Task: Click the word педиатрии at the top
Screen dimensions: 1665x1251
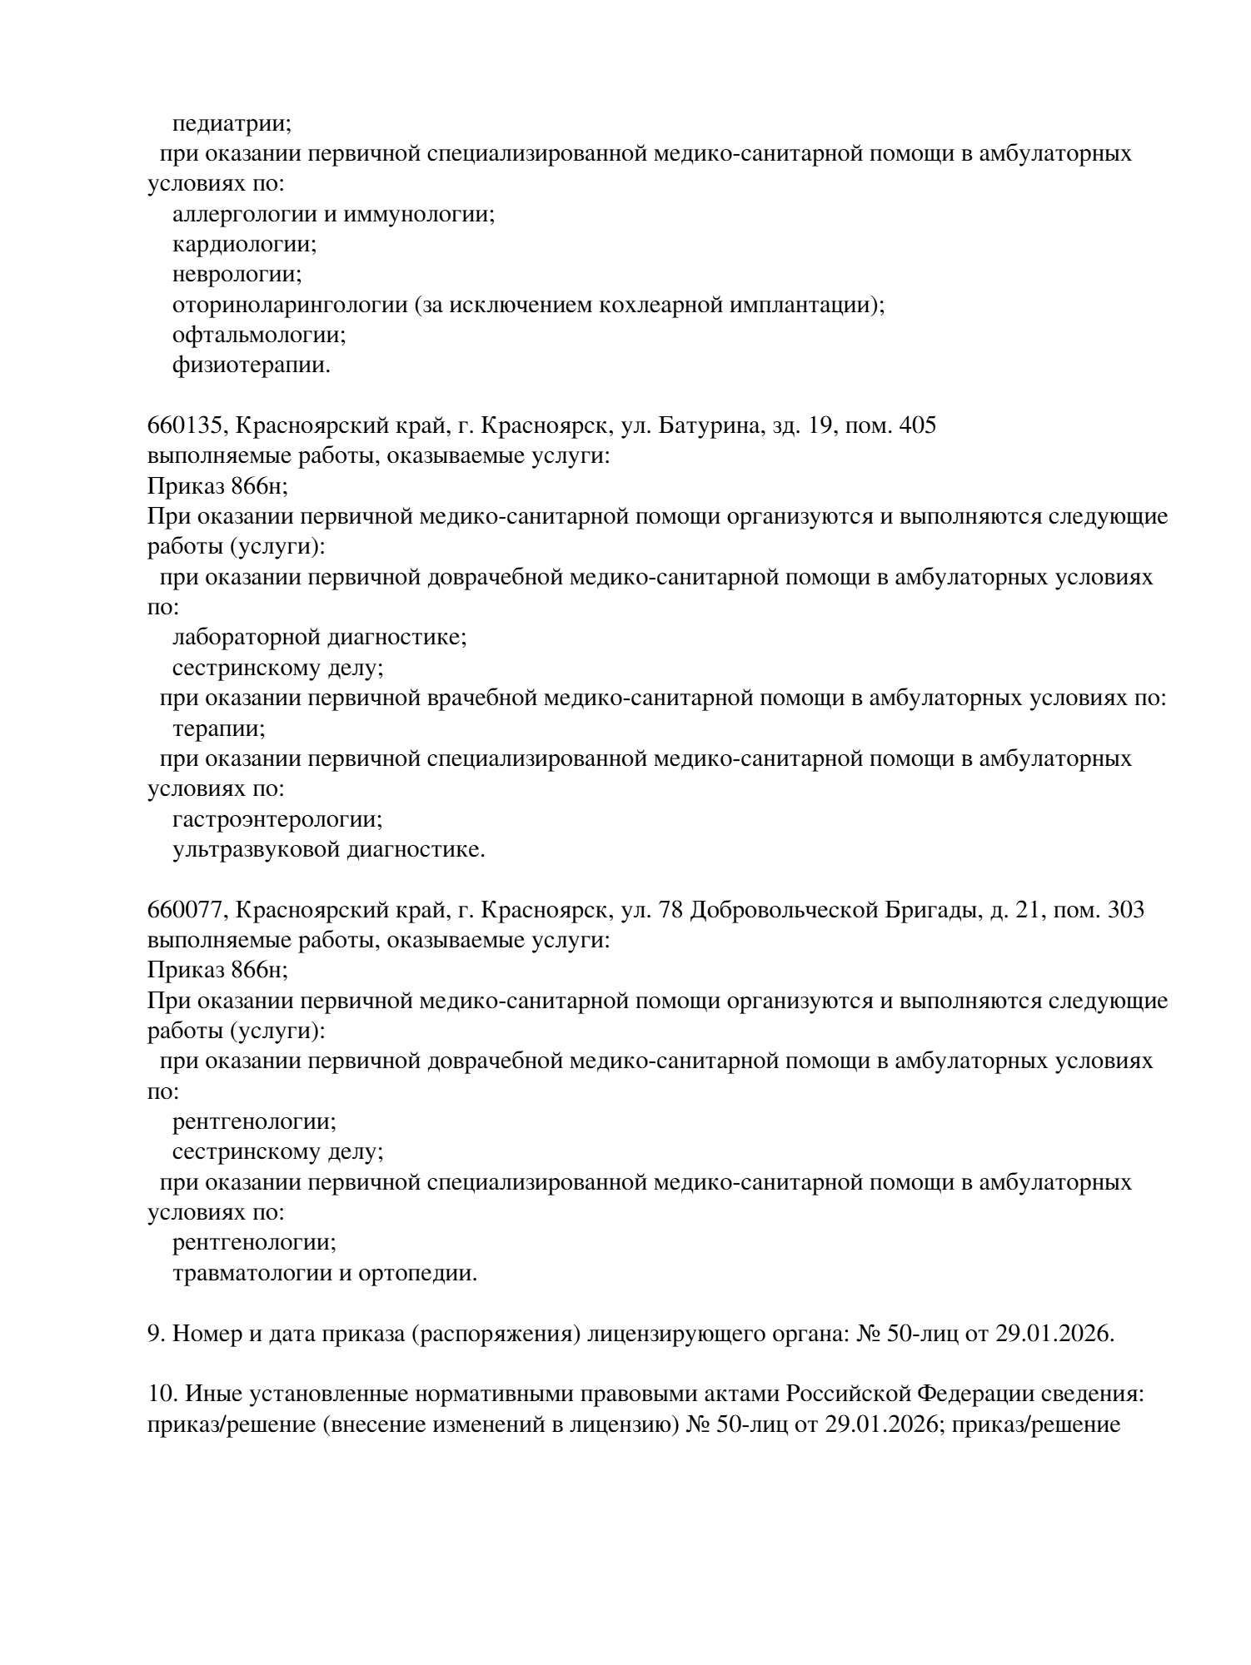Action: [231, 124]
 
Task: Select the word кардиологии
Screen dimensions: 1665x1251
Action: [244, 245]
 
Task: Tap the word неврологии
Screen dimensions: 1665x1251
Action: [237, 275]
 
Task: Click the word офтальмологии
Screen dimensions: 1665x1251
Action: [258, 335]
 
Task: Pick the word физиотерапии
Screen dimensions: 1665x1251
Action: [250, 365]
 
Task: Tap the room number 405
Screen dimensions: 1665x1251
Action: [918, 426]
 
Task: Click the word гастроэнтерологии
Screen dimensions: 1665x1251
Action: [277, 820]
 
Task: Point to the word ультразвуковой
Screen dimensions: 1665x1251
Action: [255, 850]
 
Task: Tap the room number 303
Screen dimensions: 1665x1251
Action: [1125, 910]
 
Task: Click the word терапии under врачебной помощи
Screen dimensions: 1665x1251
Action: [218, 729]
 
